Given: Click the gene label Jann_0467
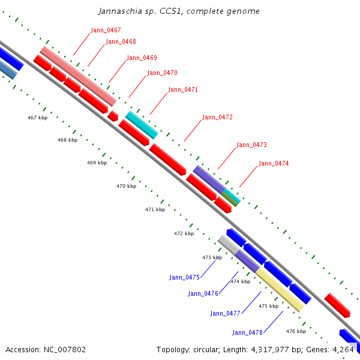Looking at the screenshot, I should tap(106, 30).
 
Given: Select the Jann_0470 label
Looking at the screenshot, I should tap(162, 73).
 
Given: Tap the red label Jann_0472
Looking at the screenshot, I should tap(217, 118).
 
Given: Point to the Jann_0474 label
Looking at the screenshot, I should tap(274, 163).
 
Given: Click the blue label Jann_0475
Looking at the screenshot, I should tap(184, 277).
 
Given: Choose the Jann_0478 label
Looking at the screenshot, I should tap(247, 332).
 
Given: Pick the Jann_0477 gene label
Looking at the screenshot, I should tap(225, 313).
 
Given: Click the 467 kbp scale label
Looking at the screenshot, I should tap(37, 118).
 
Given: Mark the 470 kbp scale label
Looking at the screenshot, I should tap(126, 186).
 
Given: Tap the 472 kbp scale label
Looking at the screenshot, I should tap(184, 233).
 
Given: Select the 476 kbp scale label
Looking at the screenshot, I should tap(296, 331).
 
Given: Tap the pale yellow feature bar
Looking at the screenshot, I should tap(280, 290).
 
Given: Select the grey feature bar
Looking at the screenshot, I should tap(227, 244).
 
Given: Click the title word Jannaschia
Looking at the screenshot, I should tap(119, 11).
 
